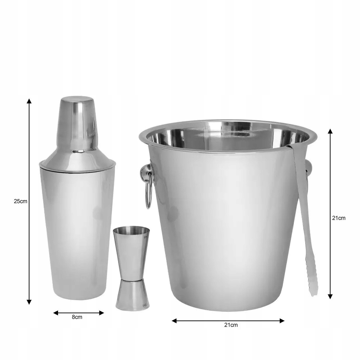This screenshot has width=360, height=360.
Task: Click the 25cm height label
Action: [21, 201]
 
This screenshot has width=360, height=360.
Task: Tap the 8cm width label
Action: [77, 317]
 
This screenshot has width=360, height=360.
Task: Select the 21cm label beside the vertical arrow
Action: [339, 218]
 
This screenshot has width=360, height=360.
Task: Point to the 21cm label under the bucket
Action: [231, 325]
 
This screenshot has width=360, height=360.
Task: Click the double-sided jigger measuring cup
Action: [132, 268]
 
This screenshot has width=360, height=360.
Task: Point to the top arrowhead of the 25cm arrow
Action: [29, 101]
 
